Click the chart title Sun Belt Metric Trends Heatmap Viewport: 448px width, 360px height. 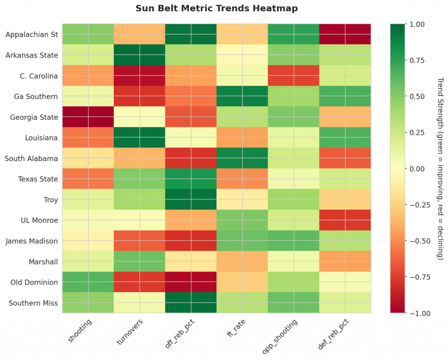(217, 8)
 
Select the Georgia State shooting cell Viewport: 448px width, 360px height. (88, 117)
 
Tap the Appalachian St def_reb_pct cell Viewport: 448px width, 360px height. (345, 34)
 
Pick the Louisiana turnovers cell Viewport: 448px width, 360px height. (140, 137)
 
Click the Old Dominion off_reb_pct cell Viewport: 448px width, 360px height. (191, 282)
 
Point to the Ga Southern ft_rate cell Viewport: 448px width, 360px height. (242, 96)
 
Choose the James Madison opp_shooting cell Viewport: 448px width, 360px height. (294, 241)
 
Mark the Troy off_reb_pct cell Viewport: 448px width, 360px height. (191, 199)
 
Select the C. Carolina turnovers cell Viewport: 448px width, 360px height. (140, 76)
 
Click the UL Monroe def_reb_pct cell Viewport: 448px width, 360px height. (345, 220)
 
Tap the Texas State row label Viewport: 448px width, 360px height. (38, 179)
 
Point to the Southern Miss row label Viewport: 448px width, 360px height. (33, 303)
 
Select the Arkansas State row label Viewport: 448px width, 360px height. (32, 55)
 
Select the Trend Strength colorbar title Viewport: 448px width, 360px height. (440, 168)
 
